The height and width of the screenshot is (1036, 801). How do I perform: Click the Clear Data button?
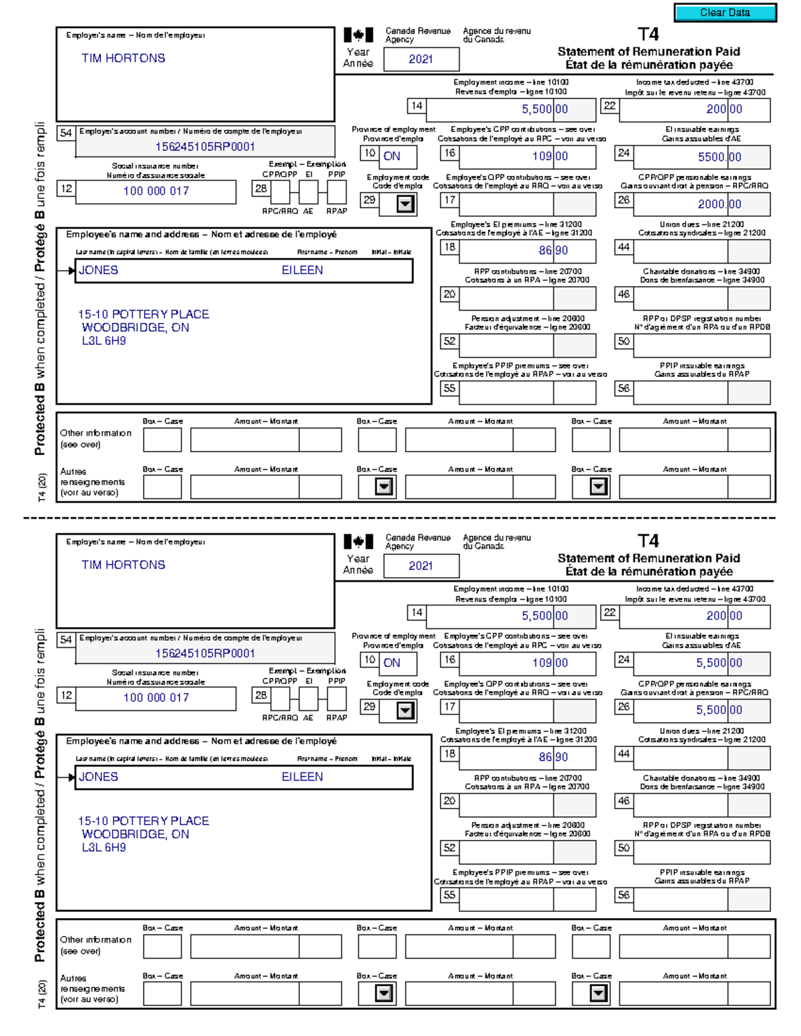tap(725, 13)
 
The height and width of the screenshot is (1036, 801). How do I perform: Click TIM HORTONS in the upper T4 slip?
tap(123, 59)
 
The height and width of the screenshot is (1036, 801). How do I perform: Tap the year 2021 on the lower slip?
tap(421, 566)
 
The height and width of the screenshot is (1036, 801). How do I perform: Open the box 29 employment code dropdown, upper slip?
tap(405, 204)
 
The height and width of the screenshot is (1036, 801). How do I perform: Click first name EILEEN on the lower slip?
tap(302, 776)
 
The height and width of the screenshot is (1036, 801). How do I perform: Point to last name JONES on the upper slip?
tap(99, 270)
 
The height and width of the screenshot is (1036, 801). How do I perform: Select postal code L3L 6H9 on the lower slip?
tap(103, 847)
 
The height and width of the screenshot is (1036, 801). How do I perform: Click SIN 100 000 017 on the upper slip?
tap(156, 191)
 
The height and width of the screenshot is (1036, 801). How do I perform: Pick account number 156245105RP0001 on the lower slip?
tap(205, 653)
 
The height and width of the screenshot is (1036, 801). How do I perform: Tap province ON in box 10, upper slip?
tap(392, 157)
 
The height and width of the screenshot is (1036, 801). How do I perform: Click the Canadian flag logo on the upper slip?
tap(358, 35)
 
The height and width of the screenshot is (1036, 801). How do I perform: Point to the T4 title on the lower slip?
tap(647, 540)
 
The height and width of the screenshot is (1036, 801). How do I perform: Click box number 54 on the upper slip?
tap(65, 133)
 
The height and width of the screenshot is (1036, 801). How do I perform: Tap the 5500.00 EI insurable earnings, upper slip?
tap(720, 157)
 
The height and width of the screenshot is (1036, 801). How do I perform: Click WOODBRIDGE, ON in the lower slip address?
tap(136, 834)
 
